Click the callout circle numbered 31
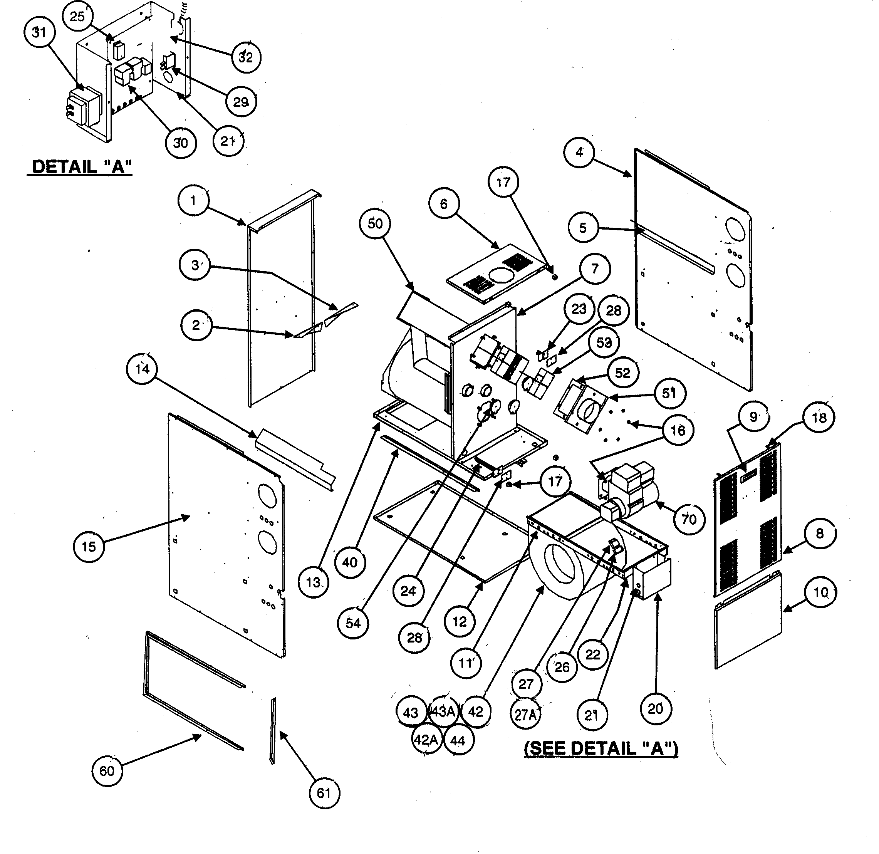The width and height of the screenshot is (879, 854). pyautogui.click(x=39, y=32)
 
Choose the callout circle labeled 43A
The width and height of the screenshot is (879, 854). pyautogui.click(x=443, y=711)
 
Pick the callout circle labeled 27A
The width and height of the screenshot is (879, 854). pyautogui.click(x=526, y=714)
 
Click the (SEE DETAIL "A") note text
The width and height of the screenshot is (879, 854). pyautogui.click(x=601, y=748)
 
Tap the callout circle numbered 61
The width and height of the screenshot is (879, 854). pyautogui.click(x=324, y=793)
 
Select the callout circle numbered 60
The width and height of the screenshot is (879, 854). pyautogui.click(x=107, y=771)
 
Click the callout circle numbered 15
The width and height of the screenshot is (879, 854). pyautogui.click(x=89, y=546)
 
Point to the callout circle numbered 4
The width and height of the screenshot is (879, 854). pyautogui.click(x=579, y=153)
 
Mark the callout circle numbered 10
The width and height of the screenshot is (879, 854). pyautogui.click(x=821, y=593)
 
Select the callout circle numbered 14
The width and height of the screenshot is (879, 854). pyautogui.click(x=142, y=369)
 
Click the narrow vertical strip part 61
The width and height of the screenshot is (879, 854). pyautogui.click(x=273, y=731)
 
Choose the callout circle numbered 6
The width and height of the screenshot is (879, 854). pyautogui.click(x=443, y=204)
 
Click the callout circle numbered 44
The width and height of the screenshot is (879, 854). pyautogui.click(x=458, y=740)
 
